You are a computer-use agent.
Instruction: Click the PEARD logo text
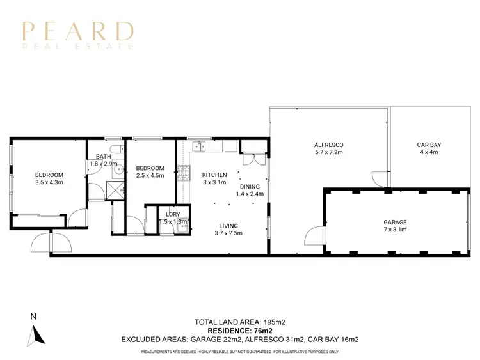tap(78, 31)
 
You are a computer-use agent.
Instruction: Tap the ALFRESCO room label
tap(329, 145)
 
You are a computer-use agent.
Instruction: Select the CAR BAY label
tap(429, 145)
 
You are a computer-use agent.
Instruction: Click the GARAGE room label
tap(396, 223)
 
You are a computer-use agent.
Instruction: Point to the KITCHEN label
tap(214, 175)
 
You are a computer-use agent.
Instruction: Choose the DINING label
tap(250, 186)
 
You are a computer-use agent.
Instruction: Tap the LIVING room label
tap(228, 225)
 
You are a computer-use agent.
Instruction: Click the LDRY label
tap(172, 214)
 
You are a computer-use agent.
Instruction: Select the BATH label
tap(103, 157)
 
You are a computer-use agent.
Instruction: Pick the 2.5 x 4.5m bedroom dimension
tap(150, 176)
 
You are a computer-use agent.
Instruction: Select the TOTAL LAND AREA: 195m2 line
tap(240, 322)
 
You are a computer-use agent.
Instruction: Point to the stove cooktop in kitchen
tap(184, 172)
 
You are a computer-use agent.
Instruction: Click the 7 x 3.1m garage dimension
tap(396, 230)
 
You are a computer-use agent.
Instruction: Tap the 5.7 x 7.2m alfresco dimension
tap(329, 153)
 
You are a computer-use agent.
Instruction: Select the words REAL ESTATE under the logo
tap(78, 46)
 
